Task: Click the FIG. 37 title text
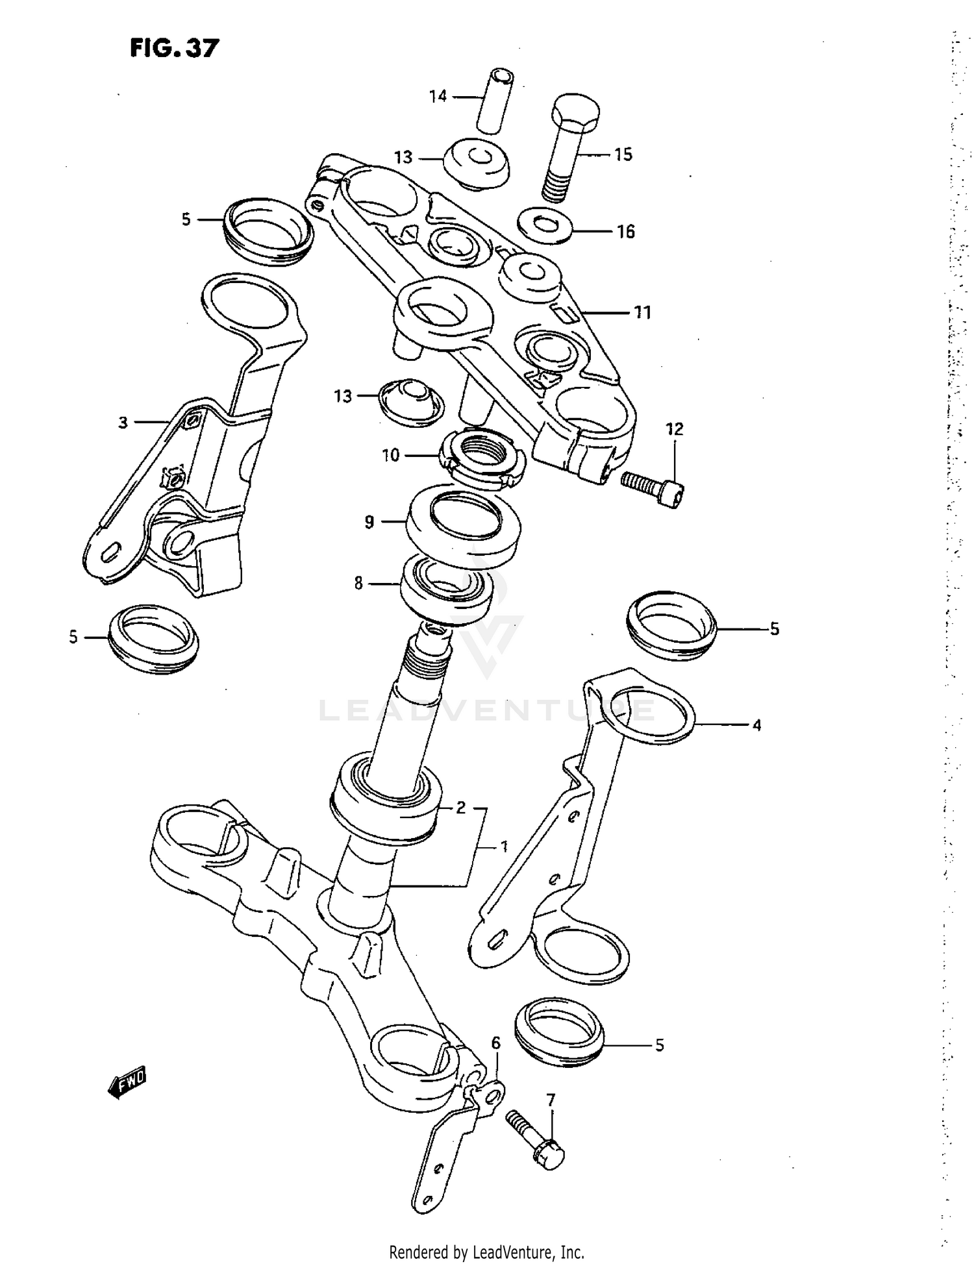[174, 48]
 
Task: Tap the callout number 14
[438, 96]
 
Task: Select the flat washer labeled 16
[544, 226]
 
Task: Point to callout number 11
[642, 312]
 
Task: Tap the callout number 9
[369, 521]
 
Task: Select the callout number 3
[123, 423]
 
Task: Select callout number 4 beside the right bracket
[756, 725]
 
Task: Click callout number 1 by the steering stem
[503, 847]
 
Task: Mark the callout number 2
[460, 808]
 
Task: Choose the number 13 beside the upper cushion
[403, 157]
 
